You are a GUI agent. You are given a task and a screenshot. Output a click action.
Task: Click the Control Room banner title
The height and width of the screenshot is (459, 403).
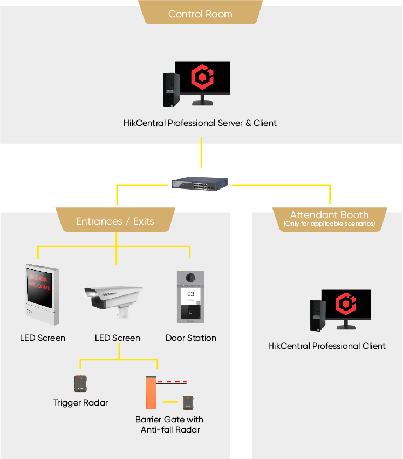(x=200, y=13)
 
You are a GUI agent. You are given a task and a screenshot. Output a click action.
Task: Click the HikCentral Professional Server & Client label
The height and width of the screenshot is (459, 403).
(x=200, y=123)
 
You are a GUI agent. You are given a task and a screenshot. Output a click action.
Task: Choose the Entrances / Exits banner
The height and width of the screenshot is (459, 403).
(x=115, y=221)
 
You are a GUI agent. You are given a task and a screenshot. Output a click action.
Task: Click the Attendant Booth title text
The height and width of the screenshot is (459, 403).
(x=329, y=214)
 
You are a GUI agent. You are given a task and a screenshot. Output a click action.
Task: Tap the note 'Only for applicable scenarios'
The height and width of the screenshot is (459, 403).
(x=329, y=224)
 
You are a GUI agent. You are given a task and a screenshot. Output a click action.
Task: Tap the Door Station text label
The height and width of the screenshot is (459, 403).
(x=191, y=338)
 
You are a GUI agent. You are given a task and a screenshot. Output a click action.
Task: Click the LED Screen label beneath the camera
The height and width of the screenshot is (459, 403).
(x=118, y=338)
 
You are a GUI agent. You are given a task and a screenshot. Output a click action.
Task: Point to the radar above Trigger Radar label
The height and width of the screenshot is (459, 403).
(x=81, y=383)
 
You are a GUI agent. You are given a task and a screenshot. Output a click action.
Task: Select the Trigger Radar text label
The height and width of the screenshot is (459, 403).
(x=81, y=403)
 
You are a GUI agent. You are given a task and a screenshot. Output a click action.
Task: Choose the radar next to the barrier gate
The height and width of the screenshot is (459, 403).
(x=188, y=402)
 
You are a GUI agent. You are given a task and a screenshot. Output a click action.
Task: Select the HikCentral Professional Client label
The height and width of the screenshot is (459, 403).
(x=327, y=346)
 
